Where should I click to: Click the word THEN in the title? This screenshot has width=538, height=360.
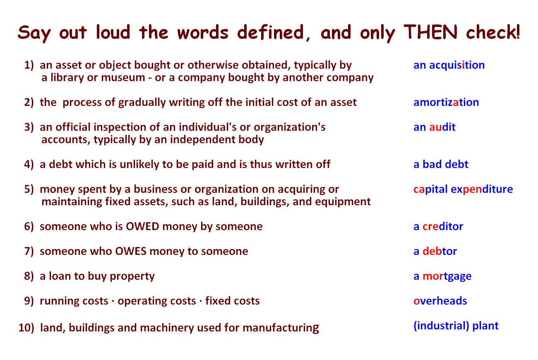430,32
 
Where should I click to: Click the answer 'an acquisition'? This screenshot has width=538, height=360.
449,65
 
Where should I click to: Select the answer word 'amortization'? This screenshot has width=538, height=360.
446,103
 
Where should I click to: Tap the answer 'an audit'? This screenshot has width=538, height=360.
434,127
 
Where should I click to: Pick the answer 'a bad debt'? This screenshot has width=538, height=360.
441,165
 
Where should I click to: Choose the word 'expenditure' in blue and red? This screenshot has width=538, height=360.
482,190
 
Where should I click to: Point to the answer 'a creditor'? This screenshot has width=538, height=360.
438,226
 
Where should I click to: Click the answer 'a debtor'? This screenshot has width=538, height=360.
435,251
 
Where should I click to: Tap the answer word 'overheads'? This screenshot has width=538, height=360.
440,301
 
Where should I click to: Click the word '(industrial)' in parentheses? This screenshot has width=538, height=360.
441,326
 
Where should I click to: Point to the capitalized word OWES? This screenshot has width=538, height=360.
131,252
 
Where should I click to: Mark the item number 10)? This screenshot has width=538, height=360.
26,328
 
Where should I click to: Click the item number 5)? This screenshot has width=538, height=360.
29,189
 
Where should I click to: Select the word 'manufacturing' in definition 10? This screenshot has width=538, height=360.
281,328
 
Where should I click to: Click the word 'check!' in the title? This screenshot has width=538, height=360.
493,32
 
